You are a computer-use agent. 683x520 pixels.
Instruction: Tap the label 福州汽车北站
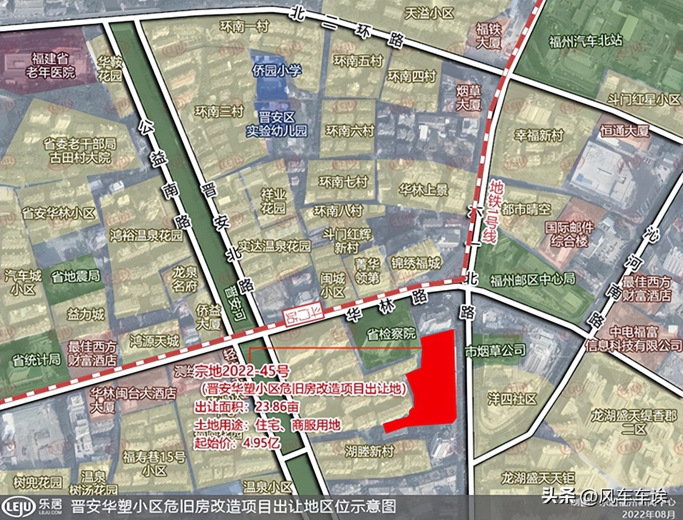click(x=585, y=40)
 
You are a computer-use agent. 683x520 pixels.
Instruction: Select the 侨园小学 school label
click(x=276, y=70)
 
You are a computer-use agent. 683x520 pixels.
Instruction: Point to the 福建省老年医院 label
click(x=53, y=64)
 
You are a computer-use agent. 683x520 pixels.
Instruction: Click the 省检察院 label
click(x=391, y=334)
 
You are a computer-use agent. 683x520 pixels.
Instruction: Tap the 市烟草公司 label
click(x=495, y=351)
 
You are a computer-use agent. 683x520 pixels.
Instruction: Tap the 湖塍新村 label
click(x=369, y=451)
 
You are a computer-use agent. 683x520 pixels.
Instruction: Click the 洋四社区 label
click(x=512, y=399)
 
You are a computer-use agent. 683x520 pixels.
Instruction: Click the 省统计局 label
click(x=36, y=359)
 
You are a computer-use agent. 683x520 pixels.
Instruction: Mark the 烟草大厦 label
click(x=468, y=97)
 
